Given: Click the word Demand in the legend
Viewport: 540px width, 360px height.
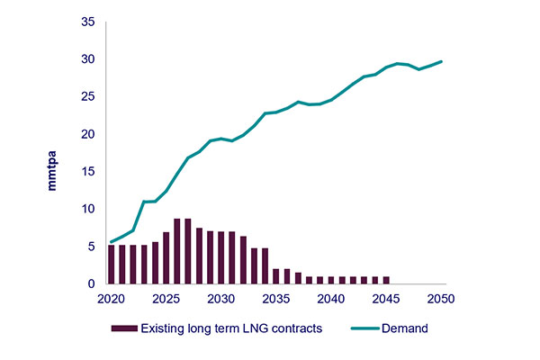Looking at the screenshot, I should pos(403,329).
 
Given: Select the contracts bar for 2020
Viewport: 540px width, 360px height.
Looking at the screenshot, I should pos(111,265).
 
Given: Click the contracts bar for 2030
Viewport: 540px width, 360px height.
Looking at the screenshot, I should pos(221,257).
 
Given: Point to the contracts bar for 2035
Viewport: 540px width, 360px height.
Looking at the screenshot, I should pos(276,276).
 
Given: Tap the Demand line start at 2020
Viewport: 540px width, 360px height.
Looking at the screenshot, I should pos(111,241).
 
